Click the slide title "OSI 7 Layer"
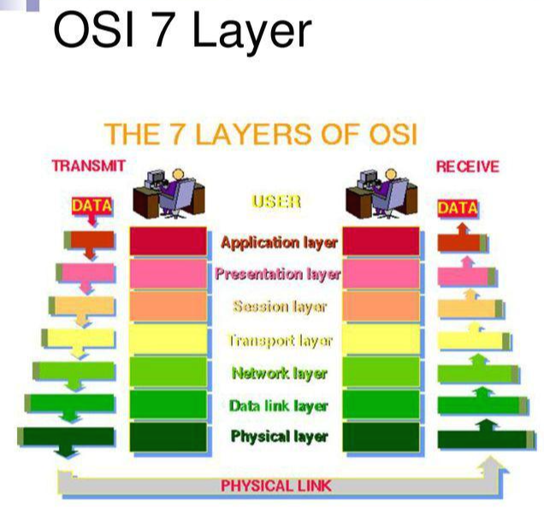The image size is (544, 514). tap(181, 32)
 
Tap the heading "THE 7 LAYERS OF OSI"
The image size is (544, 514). tap(260, 135)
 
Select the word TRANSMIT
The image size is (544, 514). tap(88, 166)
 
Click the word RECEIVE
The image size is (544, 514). tap(467, 166)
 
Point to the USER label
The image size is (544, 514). tap(275, 202)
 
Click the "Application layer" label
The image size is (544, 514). tap(278, 242)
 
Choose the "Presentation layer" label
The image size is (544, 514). tap(278, 275)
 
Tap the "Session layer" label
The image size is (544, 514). tap(279, 306)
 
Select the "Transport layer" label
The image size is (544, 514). tap(279, 340)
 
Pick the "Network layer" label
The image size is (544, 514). tap(279, 373)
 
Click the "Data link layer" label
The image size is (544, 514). tap(279, 405)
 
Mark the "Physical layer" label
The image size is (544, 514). tap(279, 437)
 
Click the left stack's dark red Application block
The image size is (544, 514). tap(169, 241)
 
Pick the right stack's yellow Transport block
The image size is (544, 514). tap(381, 340)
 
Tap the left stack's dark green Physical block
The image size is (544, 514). tap(169, 436)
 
